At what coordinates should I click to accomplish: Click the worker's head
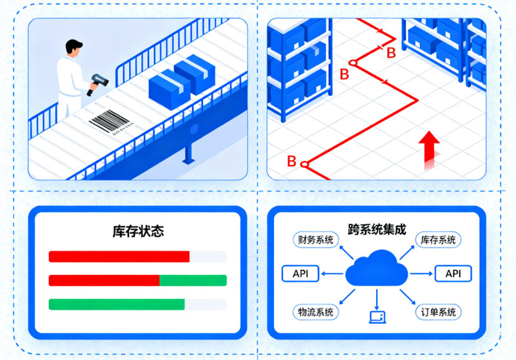coord(74,49)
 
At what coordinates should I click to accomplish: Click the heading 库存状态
coord(137,230)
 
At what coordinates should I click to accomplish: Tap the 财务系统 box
coord(315,240)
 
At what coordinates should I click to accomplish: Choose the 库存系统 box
coord(437,240)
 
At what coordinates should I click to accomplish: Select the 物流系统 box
coord(315,312)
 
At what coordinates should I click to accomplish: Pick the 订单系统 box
coord(437,312)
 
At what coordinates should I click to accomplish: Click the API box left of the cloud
coord(300,274)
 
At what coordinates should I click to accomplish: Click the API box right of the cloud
coord(453,274)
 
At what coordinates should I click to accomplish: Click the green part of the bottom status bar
coord(117,304)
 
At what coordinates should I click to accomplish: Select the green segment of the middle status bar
coord(193,280)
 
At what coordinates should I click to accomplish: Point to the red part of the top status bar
coord(119,256)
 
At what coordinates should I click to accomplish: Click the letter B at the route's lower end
coord(292,161)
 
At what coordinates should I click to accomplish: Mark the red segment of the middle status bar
coord(104,280)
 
